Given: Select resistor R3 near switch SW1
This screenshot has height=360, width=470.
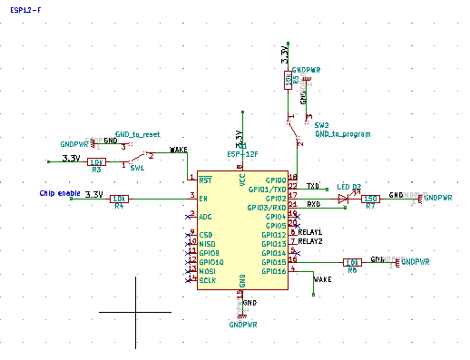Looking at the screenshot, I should pos(96,162).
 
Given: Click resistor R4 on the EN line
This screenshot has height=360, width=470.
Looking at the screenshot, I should pos(118,198).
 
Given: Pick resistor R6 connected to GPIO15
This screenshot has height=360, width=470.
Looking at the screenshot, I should pos(353,262).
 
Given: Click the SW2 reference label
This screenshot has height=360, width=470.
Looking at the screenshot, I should pos(321,125).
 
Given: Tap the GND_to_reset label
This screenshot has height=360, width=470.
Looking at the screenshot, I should pos(137,134).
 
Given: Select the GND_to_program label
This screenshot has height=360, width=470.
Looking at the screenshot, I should pos(342,134).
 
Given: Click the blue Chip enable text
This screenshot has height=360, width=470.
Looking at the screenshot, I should pos(59,193).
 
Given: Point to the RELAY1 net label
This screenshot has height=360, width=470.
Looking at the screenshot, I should pos(310,233).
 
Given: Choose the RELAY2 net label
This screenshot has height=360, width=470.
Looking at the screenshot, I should pos(310,242).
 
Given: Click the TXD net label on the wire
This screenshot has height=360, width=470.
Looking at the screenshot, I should pos(313,185).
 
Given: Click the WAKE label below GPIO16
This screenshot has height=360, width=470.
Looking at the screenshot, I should pos(321,280).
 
